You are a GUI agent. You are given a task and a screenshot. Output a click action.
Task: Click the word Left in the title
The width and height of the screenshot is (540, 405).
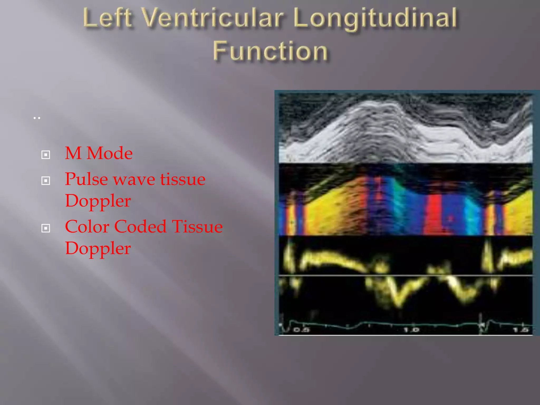pos(108,18)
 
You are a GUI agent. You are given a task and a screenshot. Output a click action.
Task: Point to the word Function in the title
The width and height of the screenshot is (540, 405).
pos(270,51)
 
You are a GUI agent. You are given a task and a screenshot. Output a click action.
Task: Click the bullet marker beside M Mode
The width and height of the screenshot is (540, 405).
pos(46,155)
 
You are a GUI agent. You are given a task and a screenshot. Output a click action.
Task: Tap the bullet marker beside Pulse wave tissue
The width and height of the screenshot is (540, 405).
pos(46,181)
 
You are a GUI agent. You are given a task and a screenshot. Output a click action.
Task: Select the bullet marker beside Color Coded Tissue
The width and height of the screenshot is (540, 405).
pos(46,228)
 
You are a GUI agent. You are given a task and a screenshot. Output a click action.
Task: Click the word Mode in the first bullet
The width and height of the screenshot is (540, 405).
pos(109,153)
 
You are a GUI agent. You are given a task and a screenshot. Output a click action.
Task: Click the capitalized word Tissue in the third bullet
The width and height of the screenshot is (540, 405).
pos(197,226)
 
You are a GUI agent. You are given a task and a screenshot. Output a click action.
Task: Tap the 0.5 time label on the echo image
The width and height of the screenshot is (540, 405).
pos(301,330)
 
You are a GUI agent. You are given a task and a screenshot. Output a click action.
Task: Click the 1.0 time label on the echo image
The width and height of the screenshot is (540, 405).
pos(411,330)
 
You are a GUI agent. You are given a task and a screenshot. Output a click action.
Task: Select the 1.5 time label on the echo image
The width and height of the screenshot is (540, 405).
pos(521,330)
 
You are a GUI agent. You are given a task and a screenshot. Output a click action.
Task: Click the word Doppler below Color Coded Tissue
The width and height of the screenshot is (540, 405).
pos(98,248)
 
